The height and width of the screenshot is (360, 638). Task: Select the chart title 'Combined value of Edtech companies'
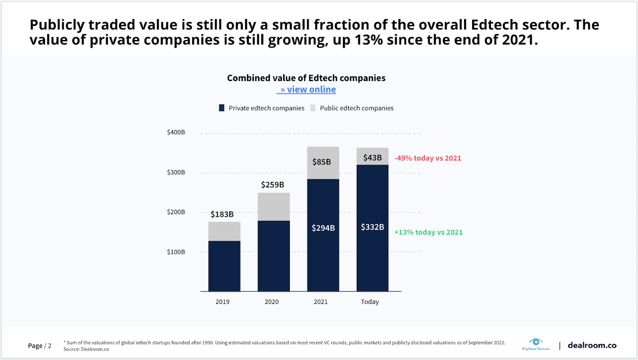pyautogui.click(x=306, y=78)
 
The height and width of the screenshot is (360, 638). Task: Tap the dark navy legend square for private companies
pyautogui.click(x=222, y=108)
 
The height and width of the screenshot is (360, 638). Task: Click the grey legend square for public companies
pyautogui.click(x=313, y=108)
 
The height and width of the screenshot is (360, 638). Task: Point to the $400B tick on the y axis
pyautogui.click(x=176, y=132)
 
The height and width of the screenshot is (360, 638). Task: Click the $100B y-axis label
pyautogui.click(x=176, y=252)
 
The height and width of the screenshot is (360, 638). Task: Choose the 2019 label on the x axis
pyautogui.click(x=222, y=302)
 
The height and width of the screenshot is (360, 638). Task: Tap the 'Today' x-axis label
pyautogui.click(x=370, y=302)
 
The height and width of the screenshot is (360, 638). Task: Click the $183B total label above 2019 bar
pyautogui.click(x=222, y=214)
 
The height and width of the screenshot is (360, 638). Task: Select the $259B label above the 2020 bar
pyautogui.click(x=272, y=185)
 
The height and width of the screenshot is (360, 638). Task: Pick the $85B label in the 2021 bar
pyautogui.click(x=321, y=161)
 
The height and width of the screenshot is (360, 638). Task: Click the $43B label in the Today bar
pyautogui.click(x=372, y=157)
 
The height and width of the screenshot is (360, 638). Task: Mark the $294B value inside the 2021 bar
pyautogui.click(x=323, y=228)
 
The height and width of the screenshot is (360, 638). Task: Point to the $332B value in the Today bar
pyautogui.click(x=372, y=227)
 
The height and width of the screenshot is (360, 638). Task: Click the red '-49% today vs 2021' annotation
pyautogui.click(x=428, y=158)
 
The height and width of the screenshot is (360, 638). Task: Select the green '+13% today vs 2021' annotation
pyautogui.click(x=428, y=232)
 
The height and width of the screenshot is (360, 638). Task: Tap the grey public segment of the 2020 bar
pyautogui.click(x=273, y=207)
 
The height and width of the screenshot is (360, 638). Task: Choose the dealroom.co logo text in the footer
pyautogui.click(x=592, y=345)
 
